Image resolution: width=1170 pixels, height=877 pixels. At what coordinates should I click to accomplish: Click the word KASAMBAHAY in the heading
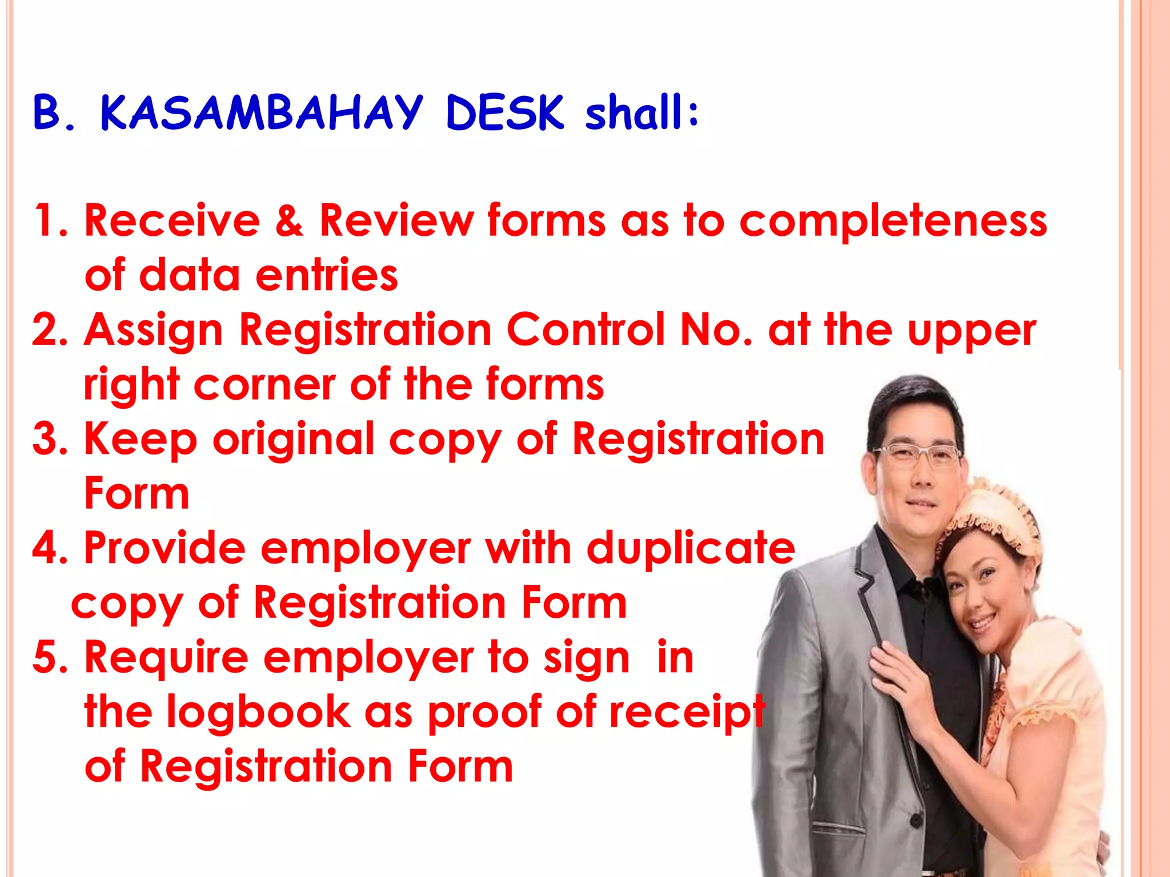262,112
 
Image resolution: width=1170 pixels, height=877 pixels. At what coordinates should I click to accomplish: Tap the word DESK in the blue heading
504,112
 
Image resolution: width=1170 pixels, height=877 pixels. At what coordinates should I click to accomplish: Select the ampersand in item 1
289,221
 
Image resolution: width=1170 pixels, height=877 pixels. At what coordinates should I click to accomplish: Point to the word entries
326,276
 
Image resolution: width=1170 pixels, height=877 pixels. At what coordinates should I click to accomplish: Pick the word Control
586,329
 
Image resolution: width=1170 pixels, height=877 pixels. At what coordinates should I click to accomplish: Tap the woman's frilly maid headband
994,517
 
